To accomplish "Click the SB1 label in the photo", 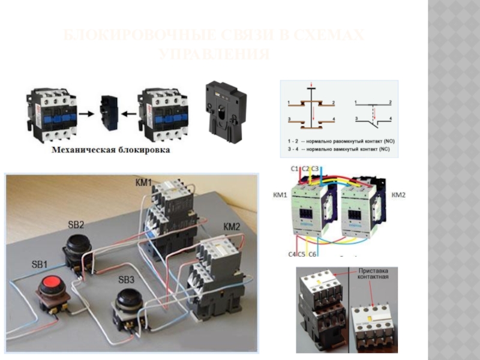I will (40, 265).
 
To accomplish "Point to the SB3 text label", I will (127, 280).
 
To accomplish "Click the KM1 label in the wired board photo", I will (143, 181).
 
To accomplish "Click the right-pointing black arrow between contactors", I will (88, 112).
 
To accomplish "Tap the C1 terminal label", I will (295, 169).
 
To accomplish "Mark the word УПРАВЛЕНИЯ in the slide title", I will (214, 55).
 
